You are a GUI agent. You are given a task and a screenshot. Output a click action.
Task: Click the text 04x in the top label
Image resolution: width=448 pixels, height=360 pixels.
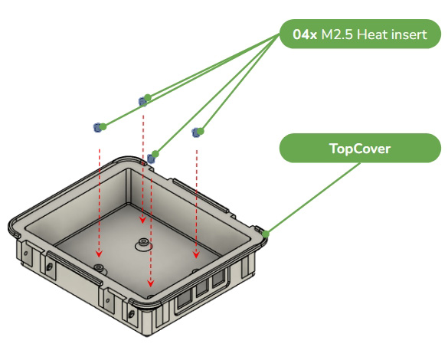click(x=305, y=34)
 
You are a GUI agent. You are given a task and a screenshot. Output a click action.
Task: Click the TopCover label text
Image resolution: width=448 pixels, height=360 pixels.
click(x=360, y=149)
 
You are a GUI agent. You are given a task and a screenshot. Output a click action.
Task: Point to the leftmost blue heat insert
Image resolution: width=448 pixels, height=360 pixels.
click(x=97, y=127)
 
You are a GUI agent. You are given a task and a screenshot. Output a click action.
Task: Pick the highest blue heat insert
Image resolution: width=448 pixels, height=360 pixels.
click(x=142, y=101)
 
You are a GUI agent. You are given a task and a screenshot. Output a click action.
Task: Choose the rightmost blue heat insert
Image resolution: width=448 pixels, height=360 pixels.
click(x=196, y=133)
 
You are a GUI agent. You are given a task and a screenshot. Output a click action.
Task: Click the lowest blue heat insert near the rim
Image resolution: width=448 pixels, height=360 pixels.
click(x=151, y=159)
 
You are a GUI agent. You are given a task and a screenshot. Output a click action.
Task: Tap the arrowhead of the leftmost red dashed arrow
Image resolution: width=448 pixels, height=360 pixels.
click(x=99, y=253)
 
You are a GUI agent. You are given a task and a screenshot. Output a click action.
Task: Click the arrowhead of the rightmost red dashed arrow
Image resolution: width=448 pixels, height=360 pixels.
click(x=196, y=254)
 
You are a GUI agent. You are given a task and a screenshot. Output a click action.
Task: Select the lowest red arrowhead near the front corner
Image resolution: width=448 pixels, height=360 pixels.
click(x=151, y=283)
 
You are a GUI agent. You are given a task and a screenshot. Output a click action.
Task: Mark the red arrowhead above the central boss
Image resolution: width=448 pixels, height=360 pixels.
click(x=142, y=220)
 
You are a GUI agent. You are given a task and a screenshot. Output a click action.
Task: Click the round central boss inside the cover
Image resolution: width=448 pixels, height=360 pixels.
click(x=143, y=244)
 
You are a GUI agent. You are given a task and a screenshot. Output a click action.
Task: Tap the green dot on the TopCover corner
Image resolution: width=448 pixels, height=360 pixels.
click(x=266, y=234)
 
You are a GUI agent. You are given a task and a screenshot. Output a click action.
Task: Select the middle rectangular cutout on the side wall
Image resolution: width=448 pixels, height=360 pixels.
click(x=203, y=287)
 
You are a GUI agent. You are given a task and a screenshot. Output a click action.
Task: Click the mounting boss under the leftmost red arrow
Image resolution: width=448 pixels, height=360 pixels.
click(x=99, y=268)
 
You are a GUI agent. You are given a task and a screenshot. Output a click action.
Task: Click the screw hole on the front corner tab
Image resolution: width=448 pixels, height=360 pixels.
click(x=132, y=314)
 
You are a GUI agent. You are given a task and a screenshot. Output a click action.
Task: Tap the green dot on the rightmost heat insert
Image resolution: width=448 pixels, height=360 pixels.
click(x=201, y=131)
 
